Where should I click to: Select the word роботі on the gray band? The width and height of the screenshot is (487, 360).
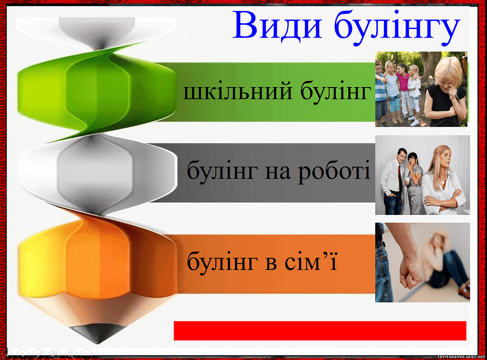point(334,172)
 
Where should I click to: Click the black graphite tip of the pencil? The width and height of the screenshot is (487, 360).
point(97,333)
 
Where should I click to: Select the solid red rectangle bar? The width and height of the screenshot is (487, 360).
point(320,331)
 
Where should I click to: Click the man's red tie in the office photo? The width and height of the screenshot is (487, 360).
point(400,178)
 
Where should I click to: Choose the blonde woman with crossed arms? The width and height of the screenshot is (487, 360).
point(444,180)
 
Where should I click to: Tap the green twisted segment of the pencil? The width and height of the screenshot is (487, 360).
point(96,92)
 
